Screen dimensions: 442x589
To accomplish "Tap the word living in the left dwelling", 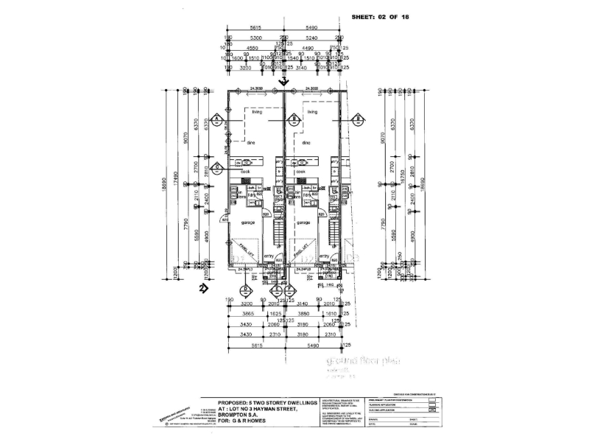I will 257,112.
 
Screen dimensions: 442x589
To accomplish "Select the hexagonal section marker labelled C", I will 218,167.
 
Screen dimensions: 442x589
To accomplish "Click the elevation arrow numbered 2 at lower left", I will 200,289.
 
